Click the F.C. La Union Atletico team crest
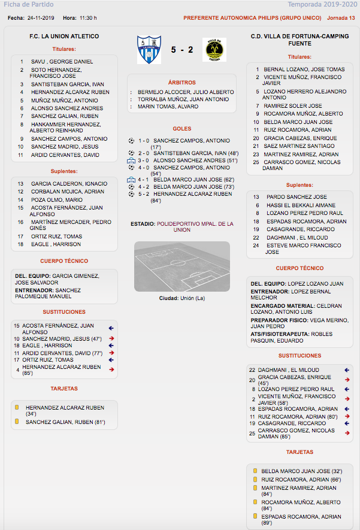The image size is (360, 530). click(x=149, y=50)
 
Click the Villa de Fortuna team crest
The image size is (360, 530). click(x=214, y=50)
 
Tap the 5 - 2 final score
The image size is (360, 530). click(x=181, y=50)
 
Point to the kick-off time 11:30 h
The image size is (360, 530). click(x=87, y=18)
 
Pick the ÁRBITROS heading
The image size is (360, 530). click(x=181, y=82)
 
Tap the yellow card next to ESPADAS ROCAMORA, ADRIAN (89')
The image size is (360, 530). click(x=256, y=516)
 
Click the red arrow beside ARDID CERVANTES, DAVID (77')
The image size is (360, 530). click(x=111, y=353)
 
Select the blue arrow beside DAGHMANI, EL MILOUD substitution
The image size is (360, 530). click(x=347, y=370)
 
